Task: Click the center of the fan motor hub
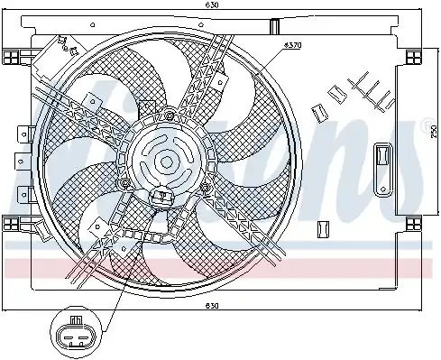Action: click(167, 162)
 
